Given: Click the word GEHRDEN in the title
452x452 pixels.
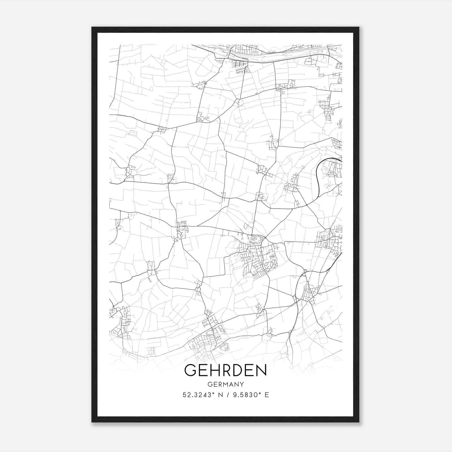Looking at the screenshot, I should pyautogui.click(x=225, y=370).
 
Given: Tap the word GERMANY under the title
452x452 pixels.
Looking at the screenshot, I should pyautogui.click(x=225, y=384).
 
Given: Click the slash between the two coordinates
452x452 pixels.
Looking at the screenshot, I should pyautogui.click(x=228, y=395).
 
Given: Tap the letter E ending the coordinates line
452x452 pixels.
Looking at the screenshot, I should pyautogui.click(x=267, y=395).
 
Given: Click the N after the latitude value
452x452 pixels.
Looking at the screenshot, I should pyautogui.click(x=220, y=395).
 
